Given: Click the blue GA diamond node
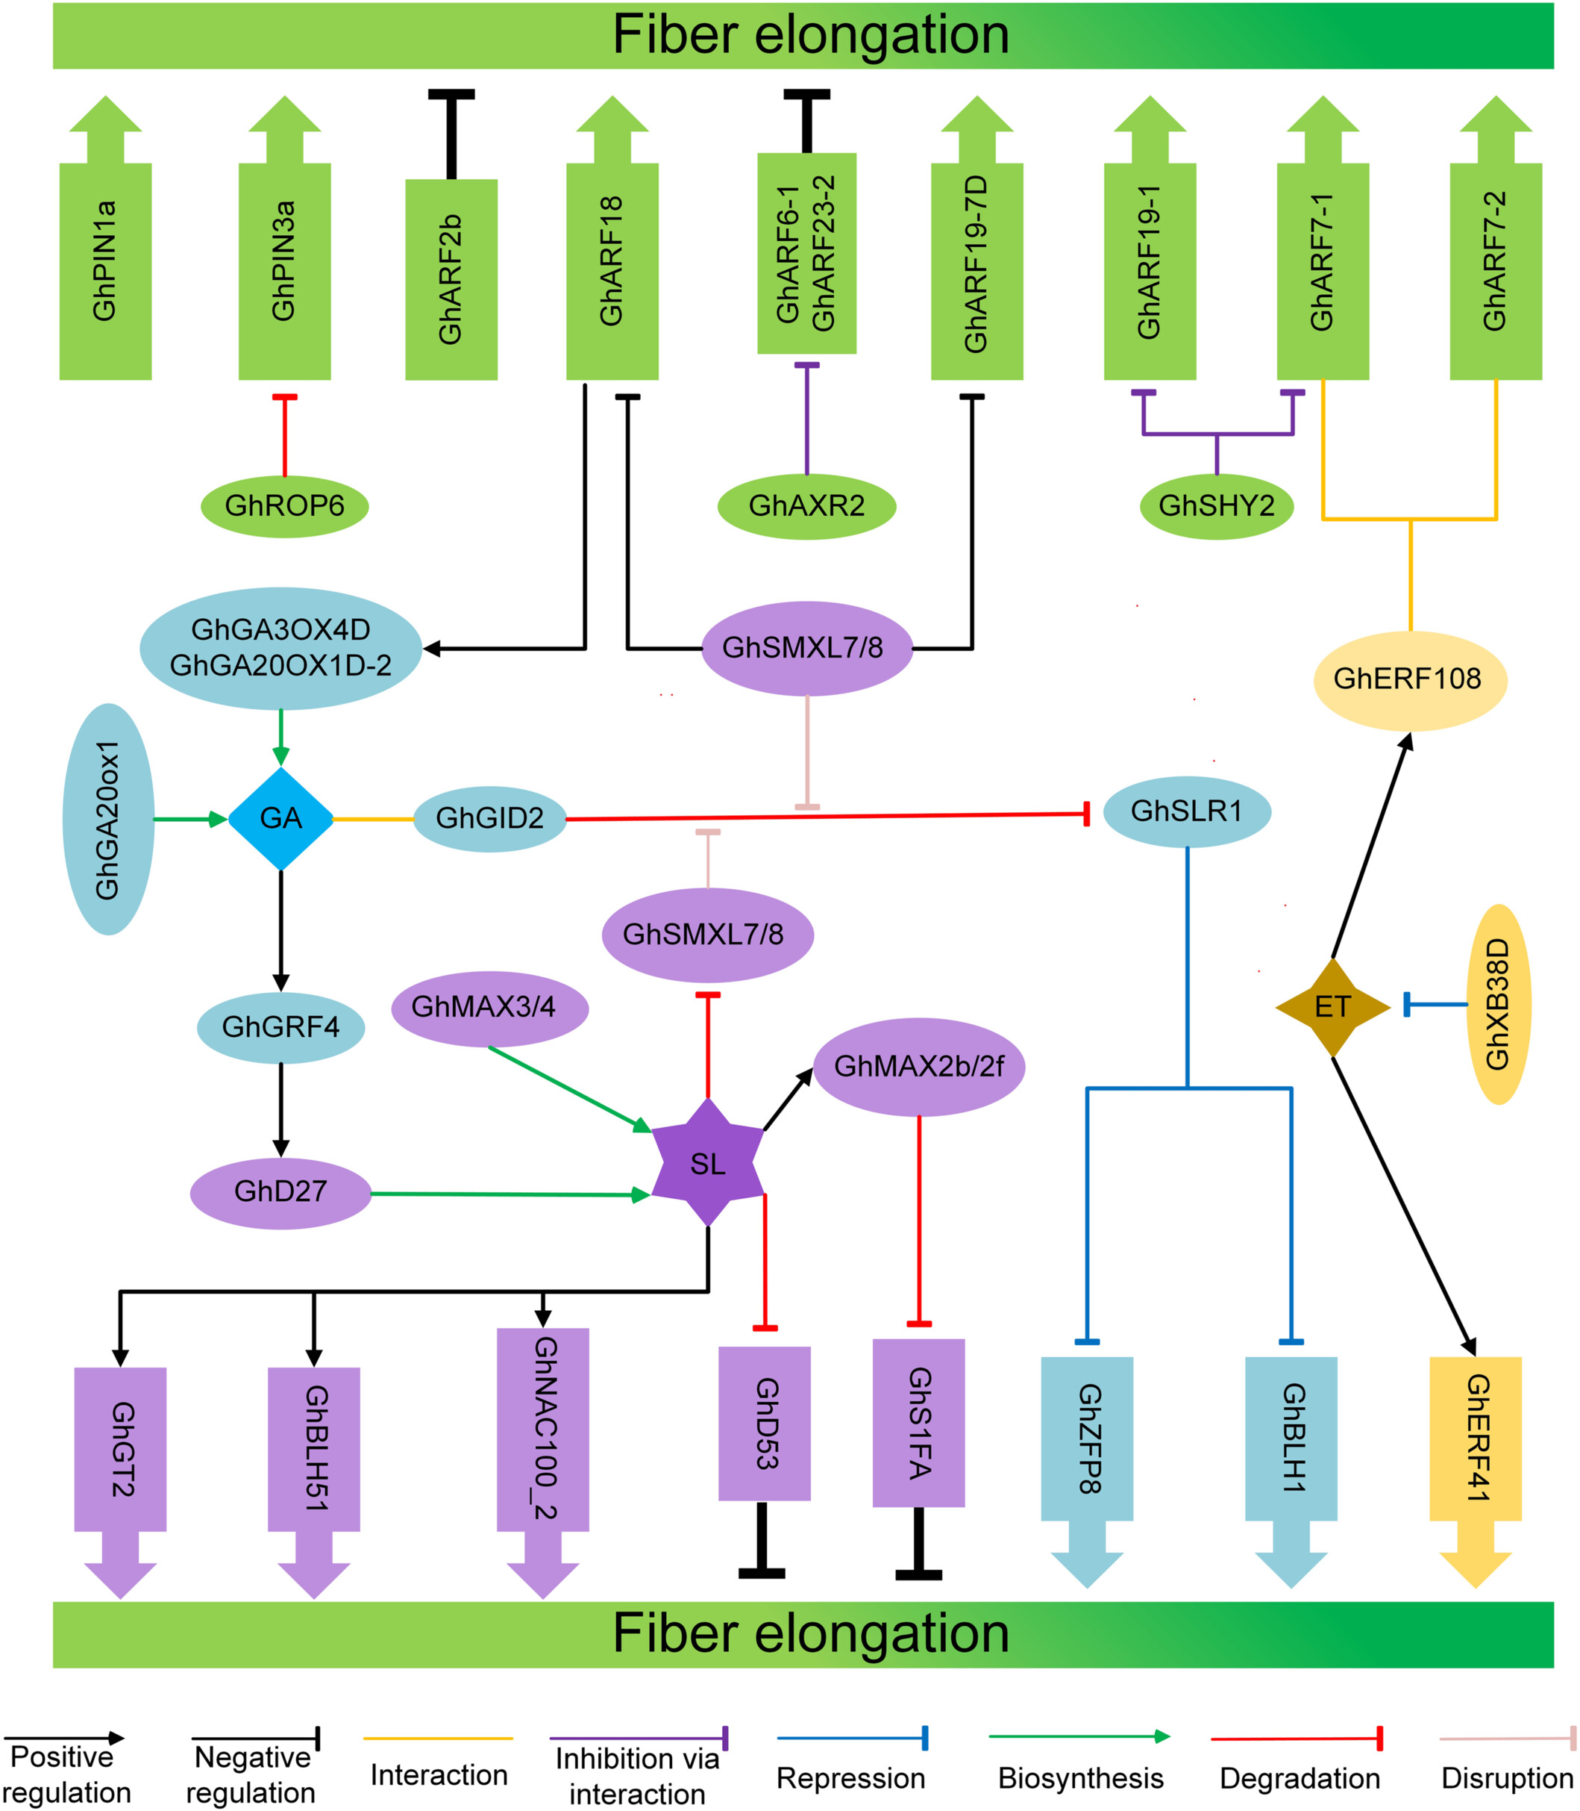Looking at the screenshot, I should point(280,819).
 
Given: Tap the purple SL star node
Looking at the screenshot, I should point(708,1164).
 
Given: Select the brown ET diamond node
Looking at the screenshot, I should point(1332,1006).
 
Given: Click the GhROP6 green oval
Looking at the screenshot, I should point(285,505).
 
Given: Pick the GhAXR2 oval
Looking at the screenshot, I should point(806,505).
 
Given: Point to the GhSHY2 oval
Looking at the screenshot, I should point(1217,505).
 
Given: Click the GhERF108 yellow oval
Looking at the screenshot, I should point(1409,679).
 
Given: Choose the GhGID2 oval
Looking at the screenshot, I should point(490,819).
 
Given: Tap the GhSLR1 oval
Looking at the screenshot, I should point(1187,811).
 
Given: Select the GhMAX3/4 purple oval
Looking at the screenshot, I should point(489,1006).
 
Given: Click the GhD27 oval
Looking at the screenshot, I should point(280,1191).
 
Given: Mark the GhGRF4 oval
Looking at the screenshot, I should point(280,1026).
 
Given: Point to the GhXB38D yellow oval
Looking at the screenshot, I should point(1498,1004).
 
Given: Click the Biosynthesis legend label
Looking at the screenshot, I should point(1080,1778).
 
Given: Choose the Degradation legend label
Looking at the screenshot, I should point(1300,1778).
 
